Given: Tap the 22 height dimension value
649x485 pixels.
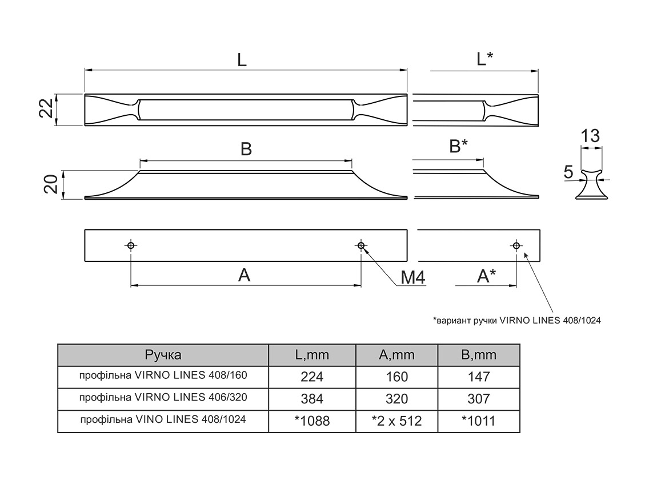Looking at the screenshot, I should [x=49, y=108].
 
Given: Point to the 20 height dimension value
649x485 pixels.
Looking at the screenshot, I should [x=50, y=185].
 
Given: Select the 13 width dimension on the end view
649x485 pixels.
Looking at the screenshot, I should [x=590, y=136].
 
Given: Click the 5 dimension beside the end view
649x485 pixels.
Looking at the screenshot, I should [x=568, y=172].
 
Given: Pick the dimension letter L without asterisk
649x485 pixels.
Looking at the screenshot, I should [x=242, y=60].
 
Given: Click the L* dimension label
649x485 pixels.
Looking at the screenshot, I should [x=484, y=59].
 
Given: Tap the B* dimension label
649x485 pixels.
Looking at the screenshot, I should [x=458, y=147].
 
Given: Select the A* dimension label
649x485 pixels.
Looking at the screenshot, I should [x=486, y=276].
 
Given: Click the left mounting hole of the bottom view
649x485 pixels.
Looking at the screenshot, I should [x=131, y=245].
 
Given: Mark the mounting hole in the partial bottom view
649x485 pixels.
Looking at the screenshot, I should [x=516, y=245].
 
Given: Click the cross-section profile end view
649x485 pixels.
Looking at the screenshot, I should [x=591, y=184].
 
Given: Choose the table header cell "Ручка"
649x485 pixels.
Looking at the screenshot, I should [x=163, y=355].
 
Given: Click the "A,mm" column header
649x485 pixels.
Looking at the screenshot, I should [x=396, y=355].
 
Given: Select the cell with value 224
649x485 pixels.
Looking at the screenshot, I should [x=312, y=377].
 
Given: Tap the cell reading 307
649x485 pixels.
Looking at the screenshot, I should [x=479, y=398].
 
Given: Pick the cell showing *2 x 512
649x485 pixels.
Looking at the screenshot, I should [x=396, y=421].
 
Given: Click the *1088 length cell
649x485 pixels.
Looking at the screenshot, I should [x=312, y=421].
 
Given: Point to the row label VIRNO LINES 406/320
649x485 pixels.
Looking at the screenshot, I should [x=163, y=397].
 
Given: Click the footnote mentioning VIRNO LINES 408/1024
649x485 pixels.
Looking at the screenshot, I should [x=516, y=321].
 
